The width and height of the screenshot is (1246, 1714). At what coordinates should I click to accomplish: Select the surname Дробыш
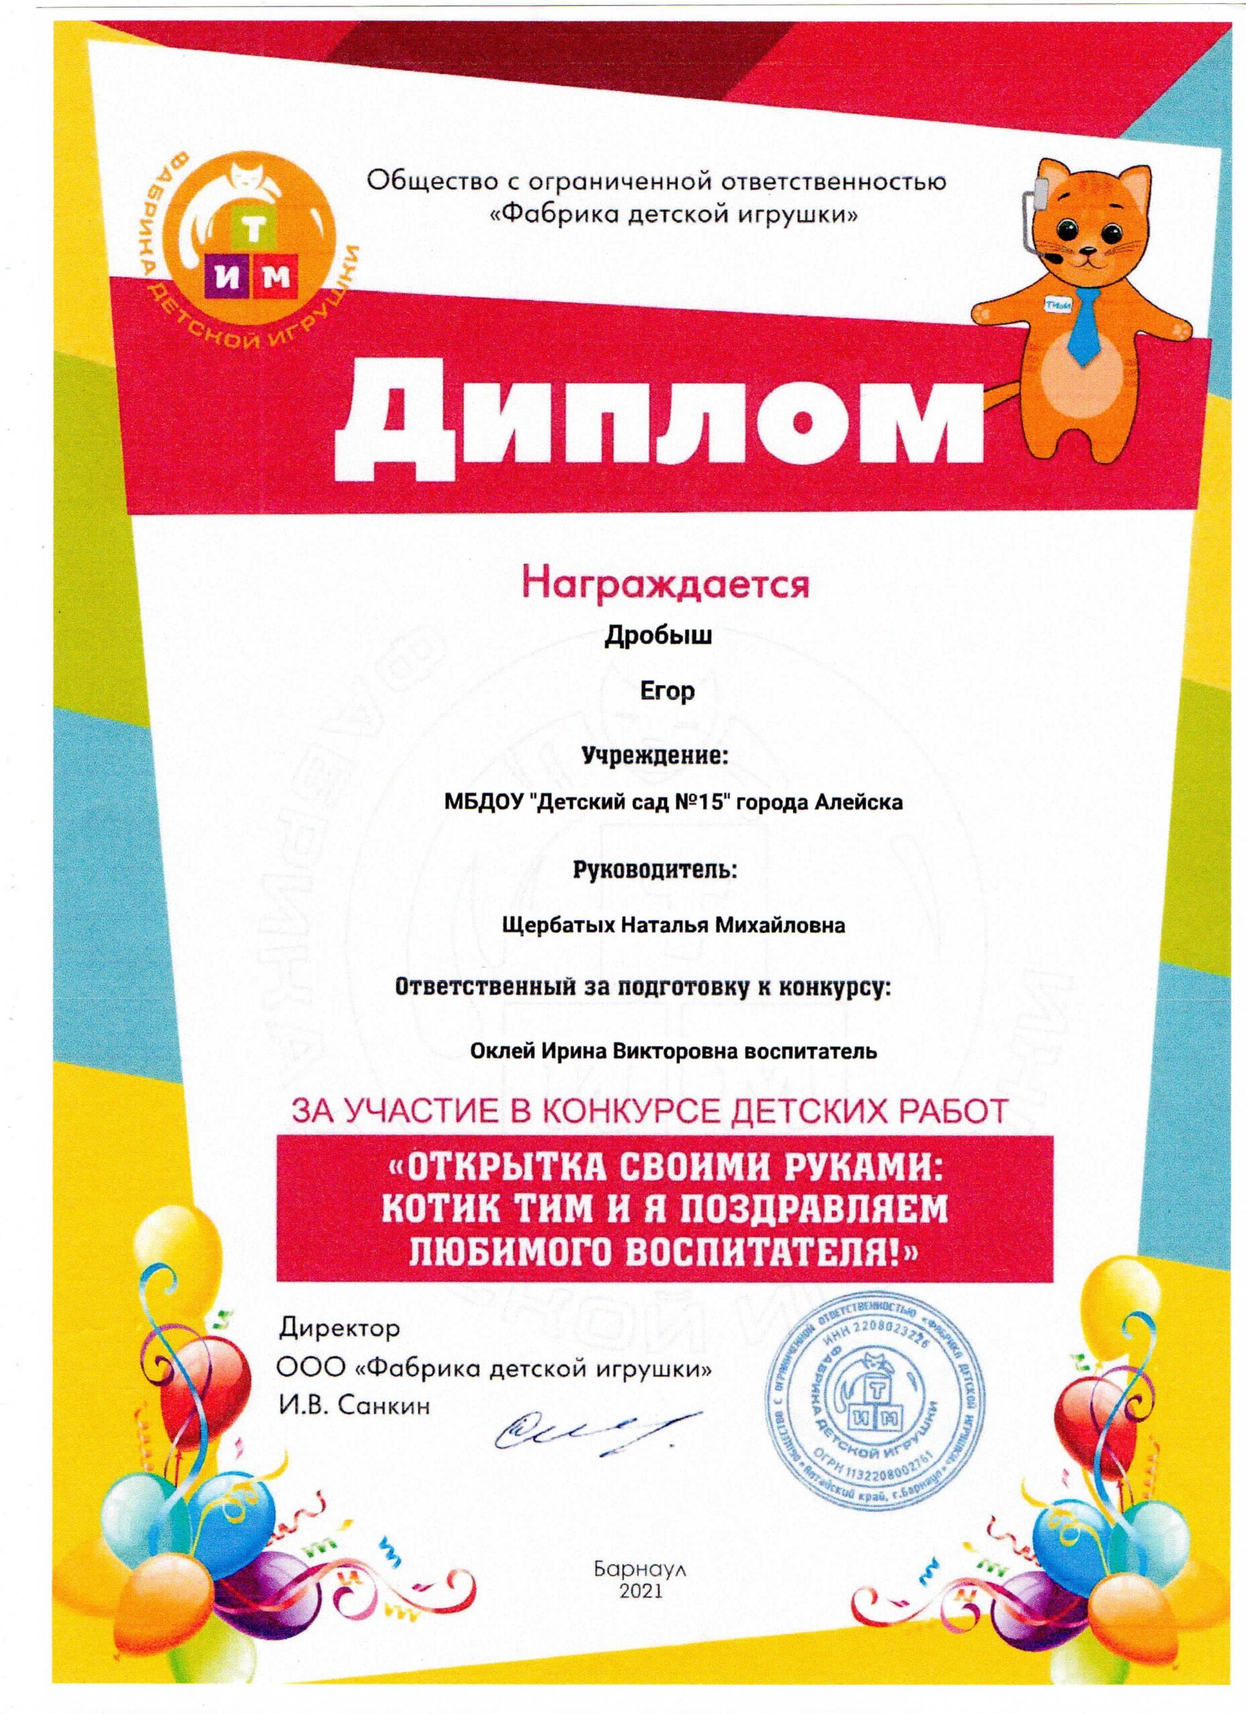coord(658,639)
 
